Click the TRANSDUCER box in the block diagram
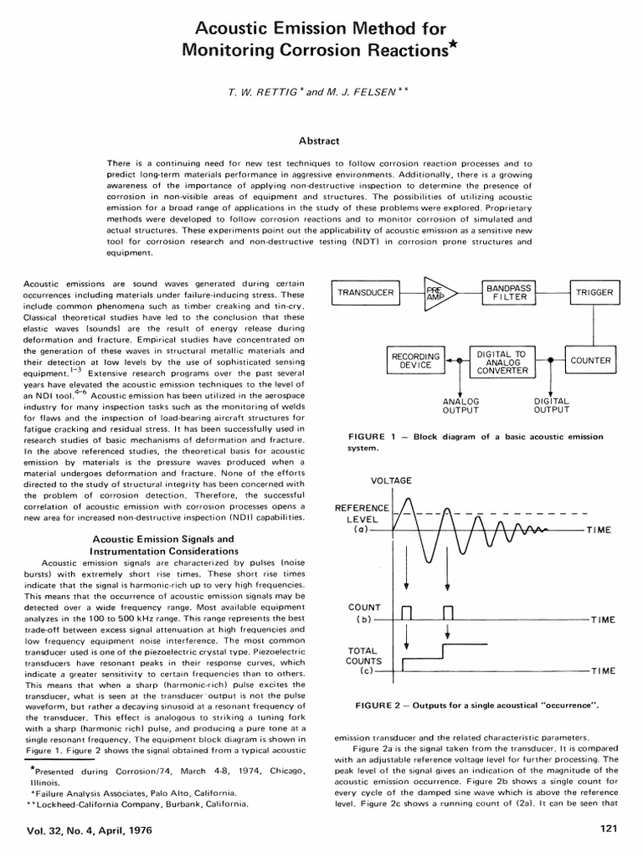click(x=366, y=293)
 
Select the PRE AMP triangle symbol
click(x=436, y=293)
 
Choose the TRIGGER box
click(x=594, y=293)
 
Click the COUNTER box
click(x=590, y=361)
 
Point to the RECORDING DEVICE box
click(x=415, y=362)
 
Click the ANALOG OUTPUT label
click(x=460, y=406)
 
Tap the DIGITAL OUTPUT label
click(x=551, y=406)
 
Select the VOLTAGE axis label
click(x=391, y=480)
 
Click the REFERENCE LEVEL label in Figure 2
click(x=362, y=513)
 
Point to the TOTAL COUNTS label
click(x=362, y=655)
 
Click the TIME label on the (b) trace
click(x=603, y=620)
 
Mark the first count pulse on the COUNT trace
click(x=407, y=611)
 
